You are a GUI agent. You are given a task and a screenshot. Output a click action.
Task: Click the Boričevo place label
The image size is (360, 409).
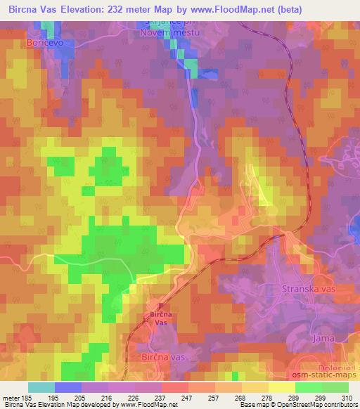[25, 43]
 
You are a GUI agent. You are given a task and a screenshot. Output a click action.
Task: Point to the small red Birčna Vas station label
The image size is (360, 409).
[161, 318]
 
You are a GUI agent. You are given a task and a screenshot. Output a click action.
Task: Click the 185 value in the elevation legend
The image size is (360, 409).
[28, 398]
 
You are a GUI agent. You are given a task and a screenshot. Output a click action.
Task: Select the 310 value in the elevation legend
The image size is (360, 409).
[348, 398]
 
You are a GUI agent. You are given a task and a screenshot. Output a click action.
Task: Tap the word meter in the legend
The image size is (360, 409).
[10, 398]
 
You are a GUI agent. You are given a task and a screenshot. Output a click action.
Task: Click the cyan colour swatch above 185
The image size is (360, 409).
[41, 387]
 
